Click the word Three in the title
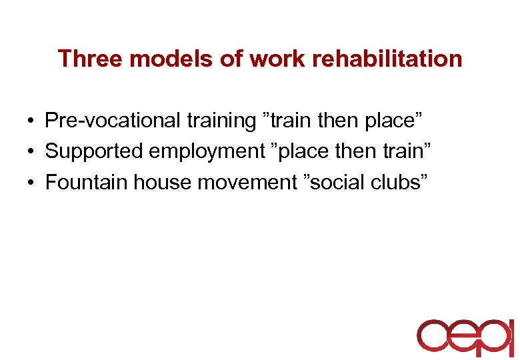click(91, 59)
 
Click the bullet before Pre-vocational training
click(31, 121)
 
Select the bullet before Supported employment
click(31, 152)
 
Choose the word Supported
click(94, 151)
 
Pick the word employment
click(207, 151)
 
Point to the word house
click(157, 182)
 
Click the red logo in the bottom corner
click(465, 337)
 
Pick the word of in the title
click(232, 59)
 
